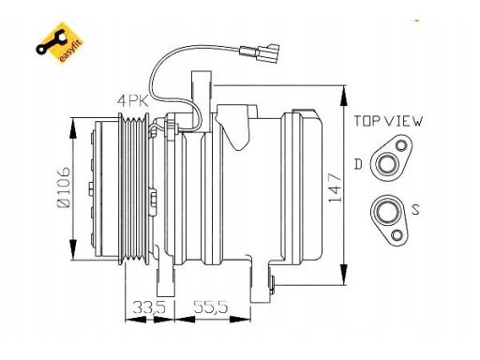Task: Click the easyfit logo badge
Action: click(x=59, y=42)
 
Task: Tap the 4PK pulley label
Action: click(x=133, y=101)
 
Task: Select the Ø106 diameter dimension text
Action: click(x=64, y=187)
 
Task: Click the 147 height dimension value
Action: click(x=335, y=187)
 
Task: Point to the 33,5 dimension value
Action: click(x=149, y=307)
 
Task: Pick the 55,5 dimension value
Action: click(x=211, y=307)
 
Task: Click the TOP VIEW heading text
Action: click(x=388, y=121)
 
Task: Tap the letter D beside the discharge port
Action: click(x=358, y=164)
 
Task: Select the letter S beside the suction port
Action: click(x=415, y=210)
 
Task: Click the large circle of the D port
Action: click(x=387, y=164)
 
